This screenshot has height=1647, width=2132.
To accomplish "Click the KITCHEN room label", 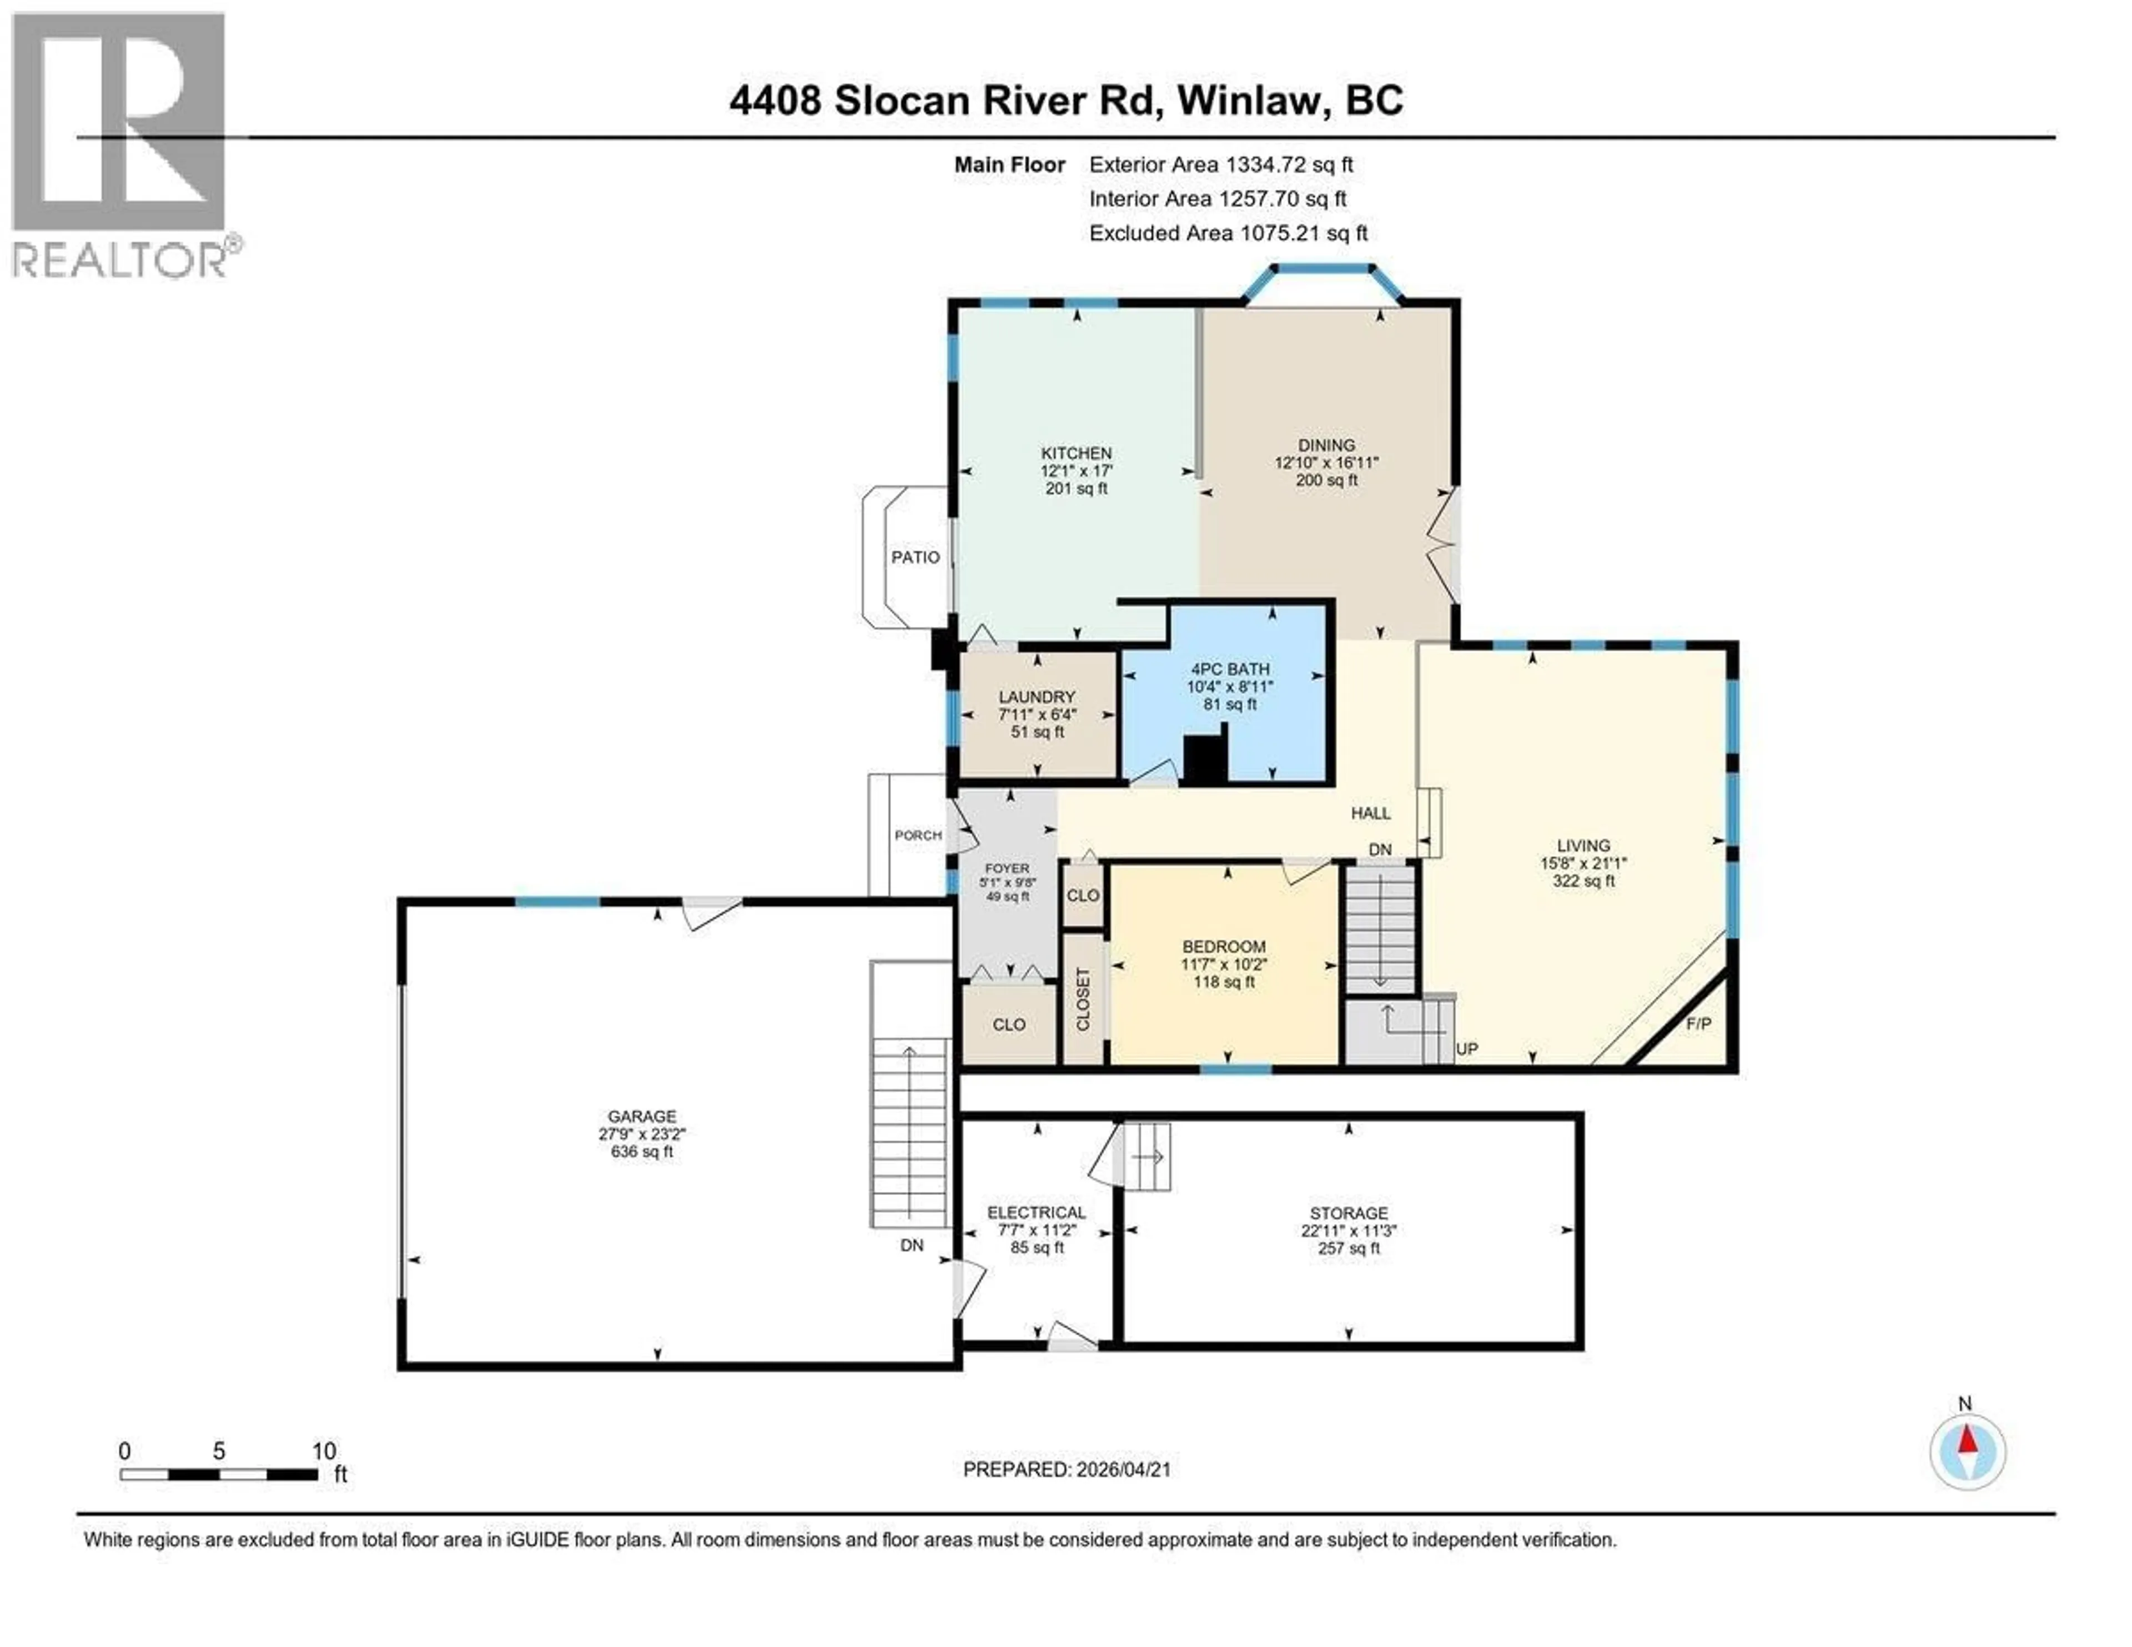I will pos(1076,453).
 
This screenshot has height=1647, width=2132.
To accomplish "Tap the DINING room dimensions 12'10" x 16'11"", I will pos(1326,463).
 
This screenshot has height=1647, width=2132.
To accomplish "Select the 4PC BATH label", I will pos(1229,669).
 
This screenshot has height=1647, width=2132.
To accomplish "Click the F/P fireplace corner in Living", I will pos(1698,1024).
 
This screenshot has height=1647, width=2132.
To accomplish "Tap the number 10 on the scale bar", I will pos(323,1451).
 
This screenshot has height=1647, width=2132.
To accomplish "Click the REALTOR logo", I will pos(119,147).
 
